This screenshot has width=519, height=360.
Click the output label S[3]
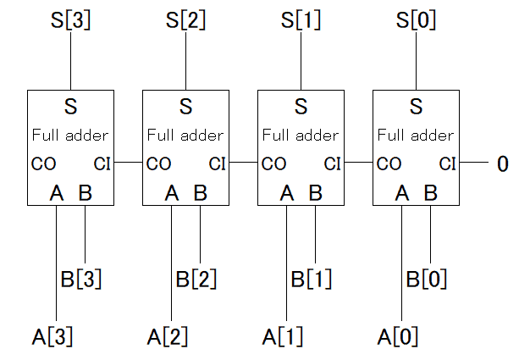[70, 19]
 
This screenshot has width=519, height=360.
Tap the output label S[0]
[416, 19]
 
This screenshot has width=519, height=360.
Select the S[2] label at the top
[185, 19]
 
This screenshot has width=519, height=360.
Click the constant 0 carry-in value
[501, 163]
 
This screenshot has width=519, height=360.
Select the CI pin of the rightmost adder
[448, 163]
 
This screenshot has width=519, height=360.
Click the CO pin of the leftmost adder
[42, 163]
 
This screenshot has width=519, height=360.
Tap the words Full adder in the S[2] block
[185, 135]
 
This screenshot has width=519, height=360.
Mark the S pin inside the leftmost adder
[70, 108]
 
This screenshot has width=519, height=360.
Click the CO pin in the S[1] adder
[273, 163]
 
